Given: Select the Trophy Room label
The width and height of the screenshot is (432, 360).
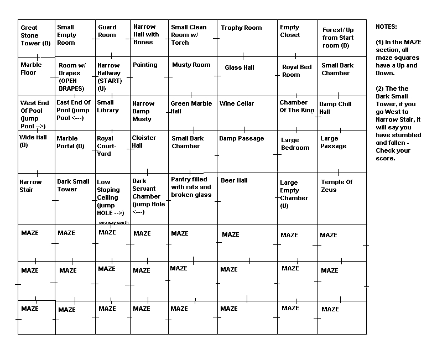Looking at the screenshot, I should (241, 28).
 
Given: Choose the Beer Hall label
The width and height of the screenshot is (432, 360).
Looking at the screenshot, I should (234, 180).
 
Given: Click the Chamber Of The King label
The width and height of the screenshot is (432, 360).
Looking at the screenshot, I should (296, 106).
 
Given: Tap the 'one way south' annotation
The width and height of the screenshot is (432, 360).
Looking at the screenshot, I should (114, 222).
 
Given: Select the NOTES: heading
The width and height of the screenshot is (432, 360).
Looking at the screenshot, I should (386, 27).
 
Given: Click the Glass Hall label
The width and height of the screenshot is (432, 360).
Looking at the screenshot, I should (240, 67).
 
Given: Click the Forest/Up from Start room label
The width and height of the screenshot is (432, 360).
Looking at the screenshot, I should (338, 38).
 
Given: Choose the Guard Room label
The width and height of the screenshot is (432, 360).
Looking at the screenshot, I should (107, 31).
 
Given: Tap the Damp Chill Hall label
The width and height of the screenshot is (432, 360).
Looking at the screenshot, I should (335, 108).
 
